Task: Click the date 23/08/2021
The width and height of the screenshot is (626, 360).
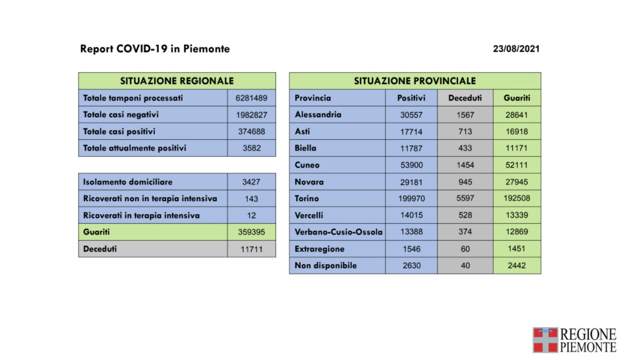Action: pyautogui.click(x=516, y=49)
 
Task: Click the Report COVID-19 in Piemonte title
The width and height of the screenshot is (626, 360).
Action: pyautogui.click(x=155, y=49)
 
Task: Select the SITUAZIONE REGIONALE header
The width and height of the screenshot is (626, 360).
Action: pyautogui.click(x=177, y=81)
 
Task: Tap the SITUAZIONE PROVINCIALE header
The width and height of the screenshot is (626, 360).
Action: pyautogui.click(x=415, y=81)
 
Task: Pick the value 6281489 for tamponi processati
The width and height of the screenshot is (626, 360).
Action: pyautogui.click(x=251, y=98)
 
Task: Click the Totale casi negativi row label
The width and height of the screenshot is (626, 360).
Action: pyautogui.click(x=121, y=115)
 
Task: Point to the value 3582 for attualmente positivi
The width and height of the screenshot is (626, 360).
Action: pyautogui.click(x=251, y=149)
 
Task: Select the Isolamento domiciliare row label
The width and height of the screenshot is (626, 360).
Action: pyautogui.click(x=128, y=182)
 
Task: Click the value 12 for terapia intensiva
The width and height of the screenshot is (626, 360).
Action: pyautogui.click(x=251, y=216)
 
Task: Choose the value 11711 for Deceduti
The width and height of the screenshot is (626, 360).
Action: pyautogui.click(x=251, y=249)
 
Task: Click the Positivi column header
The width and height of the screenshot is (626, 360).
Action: pyautogui.click(x=411, y=98)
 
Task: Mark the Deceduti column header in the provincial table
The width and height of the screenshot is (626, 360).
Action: pyautogui.click(x=465, y=98)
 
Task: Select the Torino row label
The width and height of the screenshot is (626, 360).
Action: pyautogui.click(x=307, y=199)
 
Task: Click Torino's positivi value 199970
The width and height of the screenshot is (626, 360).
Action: pyautogui.click(x=411, y=199)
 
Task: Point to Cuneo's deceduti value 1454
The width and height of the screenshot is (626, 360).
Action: pyautogui.click(x=465, y=165)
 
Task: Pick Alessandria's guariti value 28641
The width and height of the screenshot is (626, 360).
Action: pyautogui.click(x=517, y=115)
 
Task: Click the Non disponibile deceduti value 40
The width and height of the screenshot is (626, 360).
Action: pyautogui.click(x=465, y=265)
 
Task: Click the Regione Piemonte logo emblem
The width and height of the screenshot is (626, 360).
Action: pyautogui.click(x=545, y=340)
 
